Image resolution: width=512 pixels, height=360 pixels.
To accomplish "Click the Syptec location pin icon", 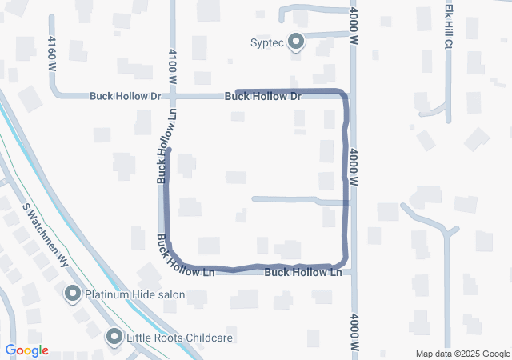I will point(296,41).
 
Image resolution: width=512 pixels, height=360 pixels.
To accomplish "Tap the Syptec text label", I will point(267,42).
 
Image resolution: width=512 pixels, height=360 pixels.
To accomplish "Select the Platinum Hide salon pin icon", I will point(73,294).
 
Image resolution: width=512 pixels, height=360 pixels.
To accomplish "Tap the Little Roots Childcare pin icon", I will point(114,337).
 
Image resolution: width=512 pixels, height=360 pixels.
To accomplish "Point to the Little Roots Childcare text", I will point(179,338).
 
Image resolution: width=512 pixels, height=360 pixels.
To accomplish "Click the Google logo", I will point(27,350).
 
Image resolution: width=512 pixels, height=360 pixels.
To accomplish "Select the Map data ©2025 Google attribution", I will point(462,354).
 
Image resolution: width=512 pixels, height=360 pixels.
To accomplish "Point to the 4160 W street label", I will point(52,54).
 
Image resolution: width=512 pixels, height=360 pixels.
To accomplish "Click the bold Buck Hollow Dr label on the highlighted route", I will point(262,97).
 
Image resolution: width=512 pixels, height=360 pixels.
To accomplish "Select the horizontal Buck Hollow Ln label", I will point(302,273).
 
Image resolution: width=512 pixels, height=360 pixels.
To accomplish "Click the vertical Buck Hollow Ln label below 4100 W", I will point(166,153).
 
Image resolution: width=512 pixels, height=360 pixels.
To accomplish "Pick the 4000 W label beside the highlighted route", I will point(353,163).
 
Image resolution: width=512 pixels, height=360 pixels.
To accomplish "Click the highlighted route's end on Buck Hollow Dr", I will point(238,92).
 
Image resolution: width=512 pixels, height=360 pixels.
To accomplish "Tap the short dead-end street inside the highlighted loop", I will point(284,199).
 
